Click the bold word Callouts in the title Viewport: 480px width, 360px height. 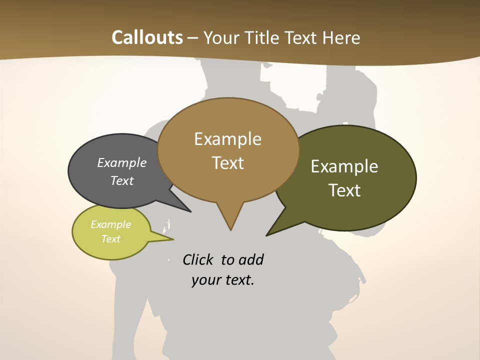pyautogui.click(x=147, y=37)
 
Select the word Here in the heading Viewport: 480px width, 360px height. pyautogui.click(x=341, y=37)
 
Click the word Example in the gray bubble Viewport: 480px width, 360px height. pyautogui.click(x=122, y=162)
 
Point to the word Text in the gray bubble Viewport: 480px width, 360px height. pyautogui.click(x=122, y=180)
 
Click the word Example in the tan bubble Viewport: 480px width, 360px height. pyautogui.click(x=228, y=138)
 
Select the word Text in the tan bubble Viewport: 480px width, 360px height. pyautogui.click(x=228, y=162)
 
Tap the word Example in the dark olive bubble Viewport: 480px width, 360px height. pyautogui.click(x=344, y=166)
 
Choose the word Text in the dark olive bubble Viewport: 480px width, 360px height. pyautogui.click(x=344, y=190)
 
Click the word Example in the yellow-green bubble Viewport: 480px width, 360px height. pyautogui.click(x=111, y=224)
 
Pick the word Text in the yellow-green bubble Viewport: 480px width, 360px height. pyautogui.click(x=111, y=239)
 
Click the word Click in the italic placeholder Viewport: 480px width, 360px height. pyautogui.click(x=198, y=259)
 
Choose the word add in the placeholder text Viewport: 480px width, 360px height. pyautogui.click(x=251, y=259)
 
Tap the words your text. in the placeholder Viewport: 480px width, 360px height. pyautogui.click(x=223, y=280)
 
